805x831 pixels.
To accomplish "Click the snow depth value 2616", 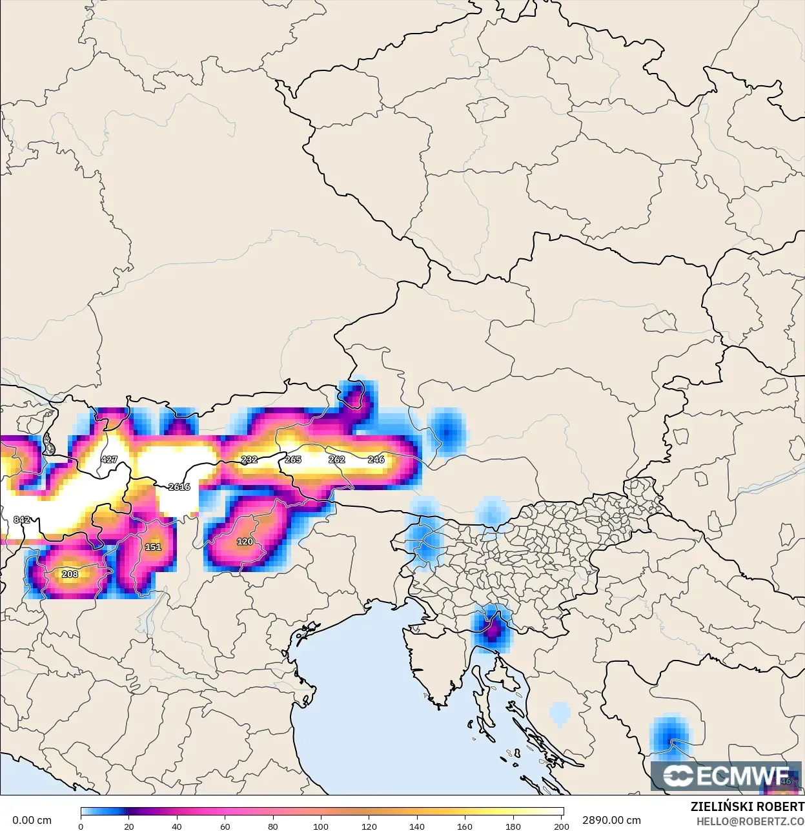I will point(179,487).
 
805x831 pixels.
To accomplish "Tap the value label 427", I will point(109,460).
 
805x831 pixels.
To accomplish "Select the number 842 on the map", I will point(22,520).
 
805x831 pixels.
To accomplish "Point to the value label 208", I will point(70,574).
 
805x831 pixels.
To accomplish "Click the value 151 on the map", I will point(153,547).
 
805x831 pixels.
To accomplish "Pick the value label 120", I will point(245,542).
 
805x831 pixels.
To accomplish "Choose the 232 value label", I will point(249,460).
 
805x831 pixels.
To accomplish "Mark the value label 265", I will point(293,460).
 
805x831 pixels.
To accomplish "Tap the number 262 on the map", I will point(337,460).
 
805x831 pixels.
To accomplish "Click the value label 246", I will point(376,460).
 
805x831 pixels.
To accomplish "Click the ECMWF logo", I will point(726,776).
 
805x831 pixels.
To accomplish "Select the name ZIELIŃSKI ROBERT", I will point(747,807).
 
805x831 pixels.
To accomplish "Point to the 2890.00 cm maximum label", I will point(611,821).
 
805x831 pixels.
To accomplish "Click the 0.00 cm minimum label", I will point(32,821).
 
